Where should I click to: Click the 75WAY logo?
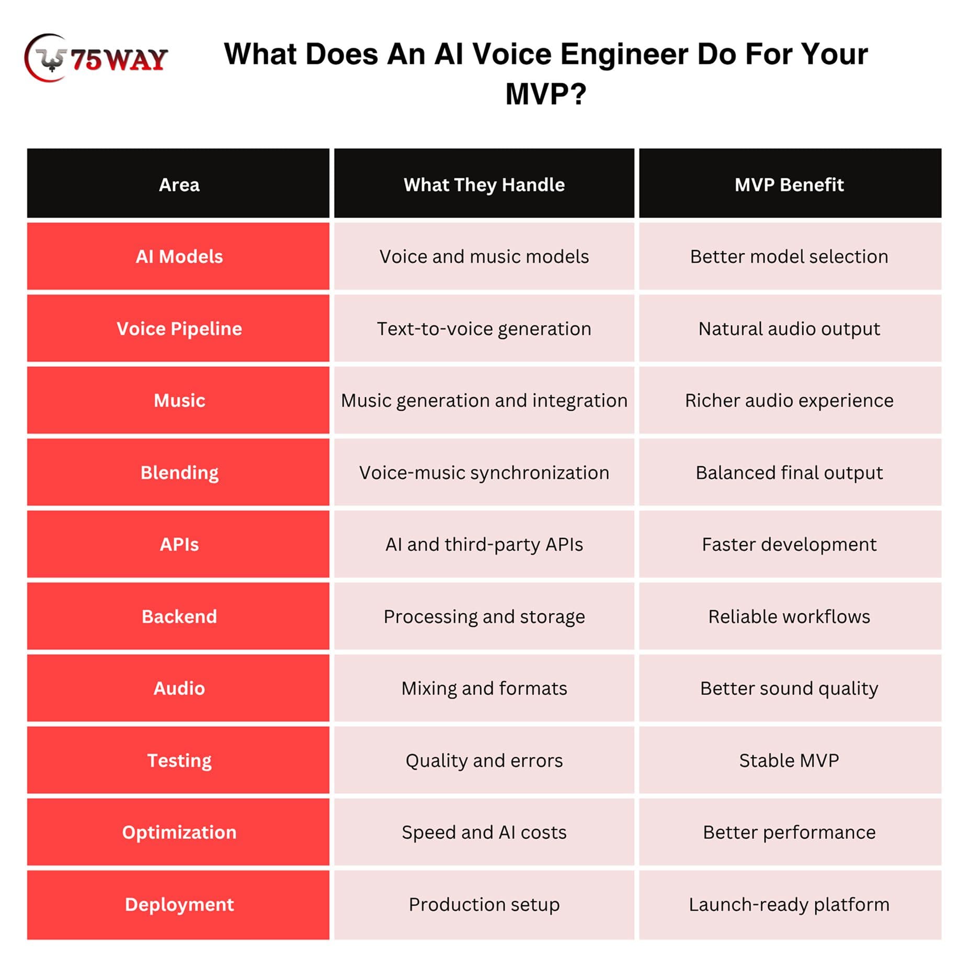tap(96, 58)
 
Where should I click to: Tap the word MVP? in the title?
tap(546, 94)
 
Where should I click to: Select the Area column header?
tap(179, 185)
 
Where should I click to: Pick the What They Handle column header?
tap(484, 185)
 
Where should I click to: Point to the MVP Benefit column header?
tap(789, 185)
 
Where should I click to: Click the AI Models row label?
tap(179, 256)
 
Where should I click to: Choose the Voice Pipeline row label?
tap(179, 329)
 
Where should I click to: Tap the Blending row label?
tap(179, 472)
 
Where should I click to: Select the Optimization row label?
tap(179, 832)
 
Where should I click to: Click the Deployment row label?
tap(179, 904)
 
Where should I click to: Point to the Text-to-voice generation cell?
tap(484, 329)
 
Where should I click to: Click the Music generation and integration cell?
tap(484, 400)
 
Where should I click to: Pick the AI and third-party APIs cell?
tap(484, 545)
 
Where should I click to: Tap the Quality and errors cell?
tap(484, 760)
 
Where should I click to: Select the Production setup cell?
tap(484, 904)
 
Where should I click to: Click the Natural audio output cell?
tap(789, 329)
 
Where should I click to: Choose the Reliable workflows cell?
tap(789, 616)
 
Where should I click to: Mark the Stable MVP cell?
tap(789, 760)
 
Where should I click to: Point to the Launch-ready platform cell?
tap(789, 904)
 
